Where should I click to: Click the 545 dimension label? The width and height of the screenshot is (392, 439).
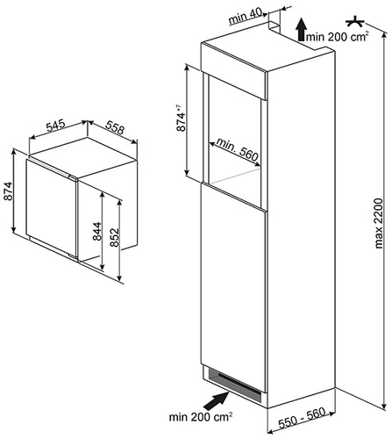tap(55, 126)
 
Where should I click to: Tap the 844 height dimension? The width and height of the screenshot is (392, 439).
tap(97, 231)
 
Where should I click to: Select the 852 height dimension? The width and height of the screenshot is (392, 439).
tap(115, 237)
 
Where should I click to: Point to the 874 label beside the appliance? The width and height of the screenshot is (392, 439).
tap(8, 191)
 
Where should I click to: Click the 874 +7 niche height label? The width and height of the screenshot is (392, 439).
tap(181, 118)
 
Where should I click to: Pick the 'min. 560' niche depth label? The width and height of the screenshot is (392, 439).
tap(237, 149)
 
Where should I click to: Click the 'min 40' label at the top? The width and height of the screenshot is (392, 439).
tap(246, 17)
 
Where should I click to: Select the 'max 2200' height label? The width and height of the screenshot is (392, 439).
tap(379, 223)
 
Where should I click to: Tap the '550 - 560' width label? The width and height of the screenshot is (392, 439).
tap(302, 418)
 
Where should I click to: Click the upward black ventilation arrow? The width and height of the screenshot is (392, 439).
tap(302, 28)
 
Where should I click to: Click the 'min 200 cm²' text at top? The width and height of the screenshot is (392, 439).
tap(337, 36)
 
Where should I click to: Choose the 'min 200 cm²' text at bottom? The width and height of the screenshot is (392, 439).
tap(201, 417)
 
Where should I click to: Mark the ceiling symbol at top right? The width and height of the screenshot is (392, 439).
tap(355, 22)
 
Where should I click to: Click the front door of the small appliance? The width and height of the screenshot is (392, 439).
tap(52, 208)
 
